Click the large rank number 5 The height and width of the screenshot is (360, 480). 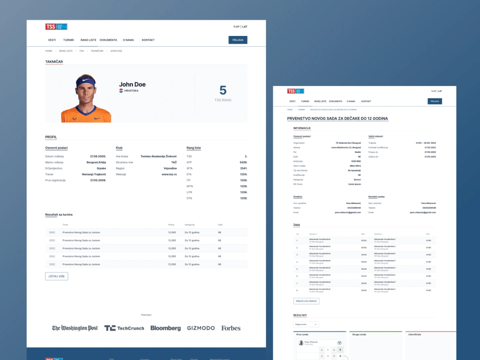click(223, 90)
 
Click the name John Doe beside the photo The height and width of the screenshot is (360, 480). click(132, 84)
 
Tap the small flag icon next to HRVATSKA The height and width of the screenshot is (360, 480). click(121, 91)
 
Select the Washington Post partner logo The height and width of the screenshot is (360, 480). click(75, 328)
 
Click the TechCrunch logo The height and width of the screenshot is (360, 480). click(124, 328)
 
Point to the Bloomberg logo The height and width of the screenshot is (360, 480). click(166, 328)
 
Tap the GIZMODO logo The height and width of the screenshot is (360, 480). click(201, 328)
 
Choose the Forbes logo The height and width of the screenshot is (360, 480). click(231, 328)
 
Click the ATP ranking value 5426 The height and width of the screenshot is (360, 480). click(243, 162)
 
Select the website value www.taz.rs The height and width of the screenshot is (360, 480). click(169, 174)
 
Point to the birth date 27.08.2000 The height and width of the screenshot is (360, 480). click(98, 156)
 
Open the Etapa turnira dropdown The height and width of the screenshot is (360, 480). click(306, 324)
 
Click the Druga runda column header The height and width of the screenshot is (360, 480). click(359, 334)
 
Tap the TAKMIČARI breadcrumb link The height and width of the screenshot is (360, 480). click(97, 51)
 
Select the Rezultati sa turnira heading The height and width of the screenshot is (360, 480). click(59, 215)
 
